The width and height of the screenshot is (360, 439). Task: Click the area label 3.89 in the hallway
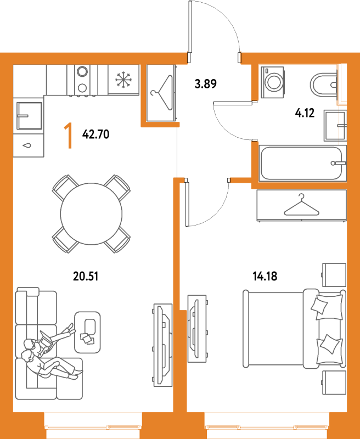(x=205, y=84)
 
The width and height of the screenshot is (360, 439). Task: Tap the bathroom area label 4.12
(x=305, y=113)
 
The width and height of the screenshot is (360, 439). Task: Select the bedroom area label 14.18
(x=265, y=277)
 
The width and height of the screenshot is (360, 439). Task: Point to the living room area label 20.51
(x=86, y=277)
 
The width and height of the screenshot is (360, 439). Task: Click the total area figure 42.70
(x=95, y=134)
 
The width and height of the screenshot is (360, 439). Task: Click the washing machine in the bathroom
(x=272, y=82)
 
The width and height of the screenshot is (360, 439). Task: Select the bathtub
(x=302, y=163)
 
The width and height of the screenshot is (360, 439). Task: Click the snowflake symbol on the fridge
(x=123, y=79)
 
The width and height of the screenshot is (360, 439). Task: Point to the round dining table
(x=91, y=214)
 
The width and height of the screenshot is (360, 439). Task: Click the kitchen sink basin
(x=29, y=116)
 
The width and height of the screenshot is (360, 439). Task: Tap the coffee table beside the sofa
(x=87, y=332)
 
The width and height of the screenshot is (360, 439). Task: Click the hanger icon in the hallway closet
(x=162, y=93)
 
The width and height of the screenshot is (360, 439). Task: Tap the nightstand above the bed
(x=334, y=275)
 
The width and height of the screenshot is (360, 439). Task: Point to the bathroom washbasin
(x=335, y=126)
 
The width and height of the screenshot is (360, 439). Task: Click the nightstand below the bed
(x=334, y=382)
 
